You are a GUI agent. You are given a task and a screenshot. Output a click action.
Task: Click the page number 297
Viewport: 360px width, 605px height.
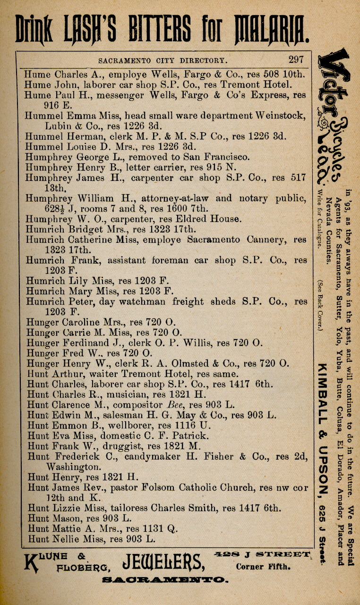click(x=296, y=60)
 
